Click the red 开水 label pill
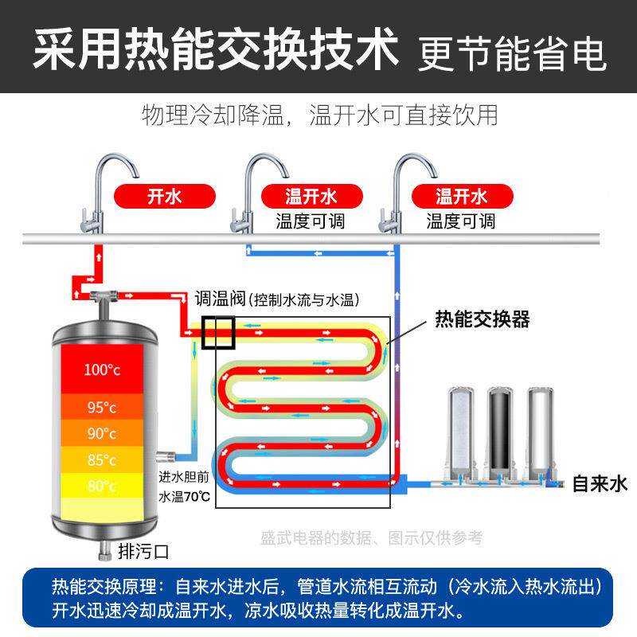[165, 196]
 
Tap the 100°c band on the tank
[103, 369]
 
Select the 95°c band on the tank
[103, 407]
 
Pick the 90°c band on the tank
[103, 433]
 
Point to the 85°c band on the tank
[103, 460]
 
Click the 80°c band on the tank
[103, 486]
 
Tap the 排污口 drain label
[143, 551]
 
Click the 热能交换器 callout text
[483, 319]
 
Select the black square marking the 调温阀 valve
[218, 333]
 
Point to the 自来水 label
[600, 484]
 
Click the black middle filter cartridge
[500, 433]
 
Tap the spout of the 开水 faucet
[136, 174]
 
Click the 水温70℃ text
[185, 496]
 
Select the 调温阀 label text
[221, 299]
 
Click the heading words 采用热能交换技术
[216, 49]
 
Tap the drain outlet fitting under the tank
[105, 550]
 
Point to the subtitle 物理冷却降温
[213, 115]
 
